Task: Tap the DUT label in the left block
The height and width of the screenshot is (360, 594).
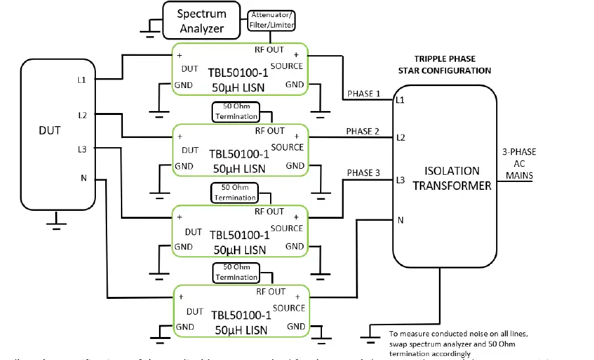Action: pyautogui.click(x=49, y=130)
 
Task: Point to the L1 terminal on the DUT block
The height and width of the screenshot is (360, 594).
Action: pyautogui.click(x=82, y=79)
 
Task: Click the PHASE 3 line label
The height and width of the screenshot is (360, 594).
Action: pyautogui.click(x=363, y=173)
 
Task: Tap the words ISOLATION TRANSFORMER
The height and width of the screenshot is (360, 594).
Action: pyautogui.click(x=451, y=178)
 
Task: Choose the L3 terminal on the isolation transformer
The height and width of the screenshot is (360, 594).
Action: pyautogui.click(x=400, y=179)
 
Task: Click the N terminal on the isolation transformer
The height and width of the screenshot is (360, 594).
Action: pyautogui.click(x=400, y=221)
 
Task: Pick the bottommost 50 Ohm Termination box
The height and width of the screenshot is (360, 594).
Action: pyautogui.click(x=236, y=273)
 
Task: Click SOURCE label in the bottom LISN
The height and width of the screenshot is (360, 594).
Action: pyautogui.click(x=287, y=307)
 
